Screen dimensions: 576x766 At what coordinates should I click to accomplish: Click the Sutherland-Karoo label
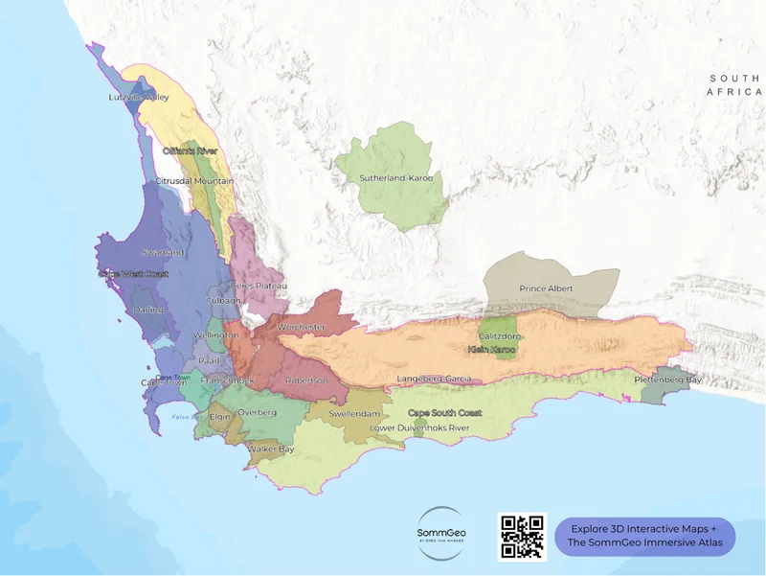pyautogui.click(x=395, y=178)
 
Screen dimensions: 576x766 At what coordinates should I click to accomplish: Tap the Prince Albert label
pyautogui.click(x=545, y=288)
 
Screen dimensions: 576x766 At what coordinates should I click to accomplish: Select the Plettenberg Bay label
pyautogui.click(x=667, y=380)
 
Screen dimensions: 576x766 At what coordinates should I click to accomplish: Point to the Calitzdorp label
pyautogui.click(x=499, y=336)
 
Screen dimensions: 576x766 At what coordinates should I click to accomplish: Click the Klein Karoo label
pyautogui.click(x=491, y=350)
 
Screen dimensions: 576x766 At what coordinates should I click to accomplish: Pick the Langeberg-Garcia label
pyautogui.click(x=434, y=380)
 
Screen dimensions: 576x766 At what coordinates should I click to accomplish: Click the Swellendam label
pyautogui.click(x=355, y=413)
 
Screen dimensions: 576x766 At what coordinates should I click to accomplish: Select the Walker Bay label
pyautogui.click(x=271, y=449)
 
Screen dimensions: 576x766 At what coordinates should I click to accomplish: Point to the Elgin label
pyautogui.click(x=221, y=417)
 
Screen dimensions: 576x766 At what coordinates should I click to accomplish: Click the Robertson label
pyautogui.click(x=306, y=380)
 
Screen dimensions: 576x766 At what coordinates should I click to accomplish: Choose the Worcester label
pyautogui.click(x=301, y=327)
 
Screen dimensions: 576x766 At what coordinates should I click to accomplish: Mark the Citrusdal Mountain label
pyautogui.click(x=194, y=180)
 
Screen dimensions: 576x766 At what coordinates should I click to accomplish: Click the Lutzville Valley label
pyautogui.click(x=139, y=97)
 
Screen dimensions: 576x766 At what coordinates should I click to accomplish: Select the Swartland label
pyautogui.click(x=163, y=252)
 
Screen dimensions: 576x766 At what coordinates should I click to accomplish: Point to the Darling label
pyautogui.click(x=148, y=310)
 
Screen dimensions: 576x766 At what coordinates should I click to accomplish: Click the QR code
pyautogui.click(x=523, y=536)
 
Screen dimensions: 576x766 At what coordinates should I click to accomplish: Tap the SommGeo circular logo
pyautogui.click(x=442, y=533)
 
